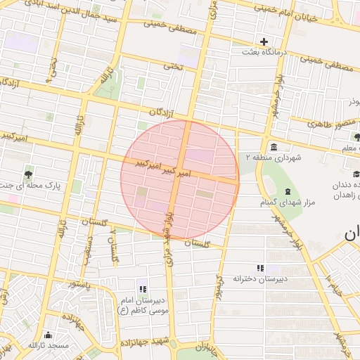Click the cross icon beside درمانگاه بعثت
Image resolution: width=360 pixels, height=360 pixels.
[x=264, y=41]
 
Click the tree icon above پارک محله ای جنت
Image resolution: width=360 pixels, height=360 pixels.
[x=28, y=174]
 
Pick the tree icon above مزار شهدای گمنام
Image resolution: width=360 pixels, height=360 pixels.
[x=286, y=192]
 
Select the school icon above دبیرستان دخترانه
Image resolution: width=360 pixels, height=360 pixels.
[x=261, y=268]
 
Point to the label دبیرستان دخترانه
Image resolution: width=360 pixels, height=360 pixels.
[x=262, y=278]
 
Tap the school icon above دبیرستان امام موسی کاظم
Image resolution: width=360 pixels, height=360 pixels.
[x=143, y=288]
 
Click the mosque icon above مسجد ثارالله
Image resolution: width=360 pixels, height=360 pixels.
[x=48, y=335]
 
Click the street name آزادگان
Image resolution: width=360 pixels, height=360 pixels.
[x=162, y=113]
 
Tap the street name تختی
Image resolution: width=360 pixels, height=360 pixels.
[x=172, y=66]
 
